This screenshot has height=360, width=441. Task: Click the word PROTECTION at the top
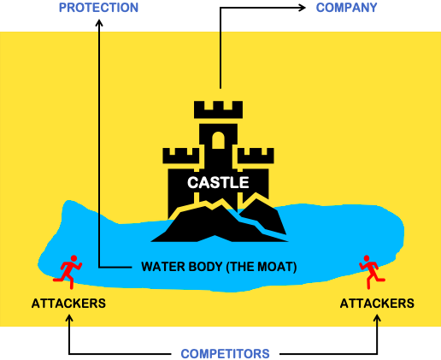tap(98, 8)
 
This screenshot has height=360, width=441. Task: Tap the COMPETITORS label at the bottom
tap(225, 354)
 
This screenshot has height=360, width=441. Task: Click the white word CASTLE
tap(219, 182)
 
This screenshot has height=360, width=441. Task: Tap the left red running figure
tap(67, 270)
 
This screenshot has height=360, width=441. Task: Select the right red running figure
tap(370, 270)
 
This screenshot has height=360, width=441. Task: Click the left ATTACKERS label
tap(68, 304)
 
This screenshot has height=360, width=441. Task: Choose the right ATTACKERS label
tap(377, 304)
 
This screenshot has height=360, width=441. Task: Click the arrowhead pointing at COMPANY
tap(303, 9)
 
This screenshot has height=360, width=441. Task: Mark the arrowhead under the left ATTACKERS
tap(69, 318)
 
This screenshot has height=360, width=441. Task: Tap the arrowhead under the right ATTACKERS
tap(378, 318)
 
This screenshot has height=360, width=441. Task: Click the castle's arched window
tap(219, 142)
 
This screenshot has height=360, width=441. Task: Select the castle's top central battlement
tap(219, 109)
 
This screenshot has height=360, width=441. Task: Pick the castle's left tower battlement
tap(179, 156)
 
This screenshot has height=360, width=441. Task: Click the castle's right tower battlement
tap(256, 156)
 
